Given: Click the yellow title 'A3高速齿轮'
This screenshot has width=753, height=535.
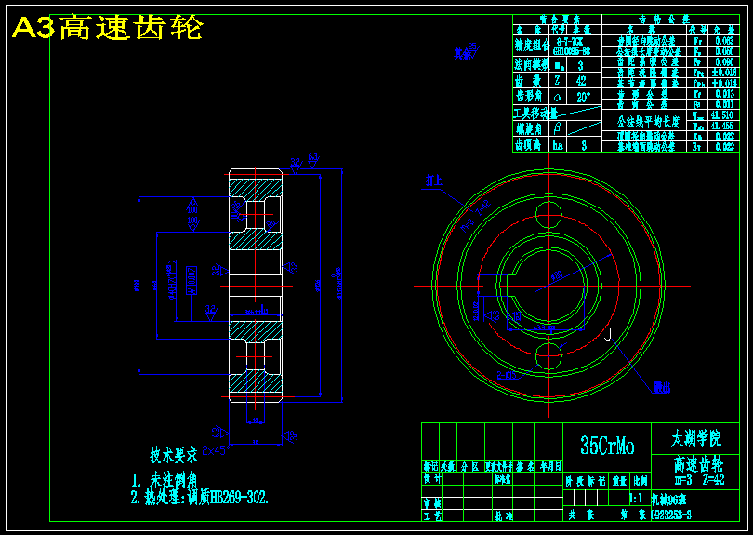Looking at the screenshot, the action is [x=107, y=29].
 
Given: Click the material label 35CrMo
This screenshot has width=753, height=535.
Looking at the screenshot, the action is [x=607, y=447].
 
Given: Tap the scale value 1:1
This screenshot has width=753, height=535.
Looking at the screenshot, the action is [x=638, y=498].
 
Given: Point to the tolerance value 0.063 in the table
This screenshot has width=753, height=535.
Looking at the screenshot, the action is [x=724, y=41].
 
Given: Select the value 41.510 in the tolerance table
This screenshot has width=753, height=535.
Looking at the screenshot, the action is [x=722, y=115].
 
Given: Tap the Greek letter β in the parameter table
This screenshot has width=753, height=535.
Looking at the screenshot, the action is [x=558, y=127].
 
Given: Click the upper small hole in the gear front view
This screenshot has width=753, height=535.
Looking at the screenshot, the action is [x=549, y=219].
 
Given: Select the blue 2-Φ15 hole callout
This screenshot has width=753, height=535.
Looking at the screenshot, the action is [x=509, y=376].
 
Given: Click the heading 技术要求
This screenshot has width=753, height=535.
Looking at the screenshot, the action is [x=174, y=456].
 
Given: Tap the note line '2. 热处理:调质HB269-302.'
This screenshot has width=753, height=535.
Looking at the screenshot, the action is [x=200, y=497].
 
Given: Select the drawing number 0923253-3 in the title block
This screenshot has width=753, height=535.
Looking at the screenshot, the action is [x=671, y=513].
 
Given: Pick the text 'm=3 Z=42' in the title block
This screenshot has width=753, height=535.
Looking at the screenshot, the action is [x=699, y=480].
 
